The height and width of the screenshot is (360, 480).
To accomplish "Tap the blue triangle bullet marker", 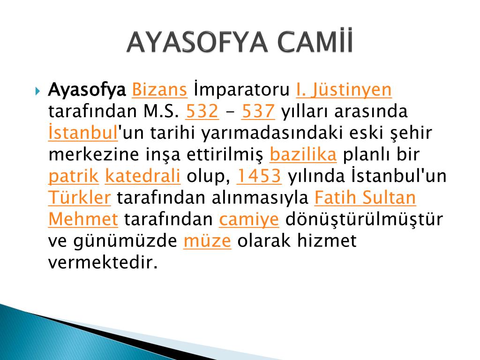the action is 37,91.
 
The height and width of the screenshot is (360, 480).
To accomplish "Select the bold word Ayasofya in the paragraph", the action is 87,90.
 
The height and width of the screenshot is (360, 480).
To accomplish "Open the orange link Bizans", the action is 159,90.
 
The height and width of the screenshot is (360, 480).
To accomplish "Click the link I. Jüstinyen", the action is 344,90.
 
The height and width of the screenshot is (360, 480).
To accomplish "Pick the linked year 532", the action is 202,111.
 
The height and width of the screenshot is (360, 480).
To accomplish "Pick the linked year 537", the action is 258,111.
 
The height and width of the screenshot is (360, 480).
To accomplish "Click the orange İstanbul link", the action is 83,132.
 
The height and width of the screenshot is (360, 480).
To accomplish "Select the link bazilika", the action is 303,154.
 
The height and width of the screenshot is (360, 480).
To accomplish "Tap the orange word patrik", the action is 74,176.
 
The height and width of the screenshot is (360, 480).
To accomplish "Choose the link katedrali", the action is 142,176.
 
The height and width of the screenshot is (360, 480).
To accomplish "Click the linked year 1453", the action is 259,176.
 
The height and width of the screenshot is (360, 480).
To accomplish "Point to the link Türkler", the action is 80,197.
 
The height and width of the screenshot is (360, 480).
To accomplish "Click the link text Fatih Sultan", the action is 365,197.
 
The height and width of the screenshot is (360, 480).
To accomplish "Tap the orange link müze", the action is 207,240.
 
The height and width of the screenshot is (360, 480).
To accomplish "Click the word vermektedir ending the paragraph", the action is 103,262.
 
